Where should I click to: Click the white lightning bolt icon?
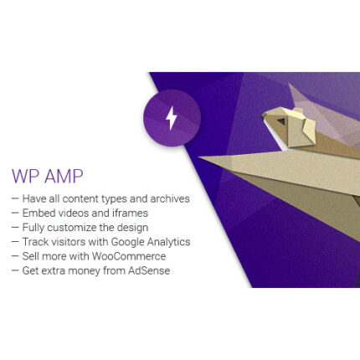click(172, 118)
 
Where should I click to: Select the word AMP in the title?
click(64, 177)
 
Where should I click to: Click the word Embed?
click(37, 213)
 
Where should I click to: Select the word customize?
click(72, 228)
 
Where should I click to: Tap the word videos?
click(71, 213)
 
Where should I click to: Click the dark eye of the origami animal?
click(282, 121)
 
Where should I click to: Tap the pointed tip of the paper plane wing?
click(201, 157)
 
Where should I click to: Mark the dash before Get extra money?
click(15, 270)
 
